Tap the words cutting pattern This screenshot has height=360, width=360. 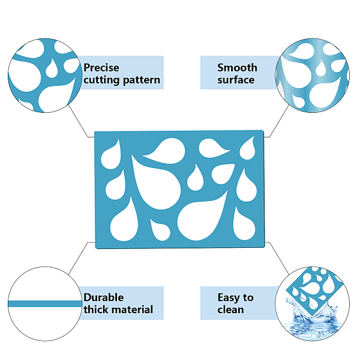122,80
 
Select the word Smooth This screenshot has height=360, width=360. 237,68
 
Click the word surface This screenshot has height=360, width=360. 236,80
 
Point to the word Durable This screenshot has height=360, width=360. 104,297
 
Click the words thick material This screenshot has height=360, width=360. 118,310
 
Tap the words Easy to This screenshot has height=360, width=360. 235,297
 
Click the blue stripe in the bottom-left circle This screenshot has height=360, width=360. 45,304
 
